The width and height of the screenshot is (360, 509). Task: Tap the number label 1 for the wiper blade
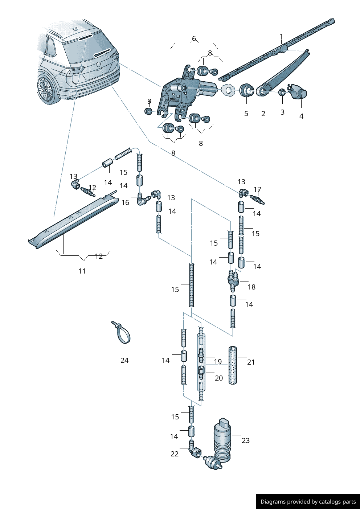click(281, 37)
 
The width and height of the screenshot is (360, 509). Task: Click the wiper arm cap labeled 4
click(298, 91)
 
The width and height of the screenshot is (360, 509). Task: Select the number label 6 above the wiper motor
click(194, 38)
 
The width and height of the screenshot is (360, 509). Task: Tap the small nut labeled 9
click(148, 111)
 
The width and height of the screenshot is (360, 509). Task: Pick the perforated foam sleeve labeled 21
click(233, 365)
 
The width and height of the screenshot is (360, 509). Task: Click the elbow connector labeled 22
click(195, 451)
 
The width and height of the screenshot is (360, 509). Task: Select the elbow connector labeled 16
click(142, 200)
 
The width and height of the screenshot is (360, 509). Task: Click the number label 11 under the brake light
click(82, 271)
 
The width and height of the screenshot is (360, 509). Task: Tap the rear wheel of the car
click(46, 89)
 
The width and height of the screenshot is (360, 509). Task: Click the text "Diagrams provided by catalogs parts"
click(308, 502)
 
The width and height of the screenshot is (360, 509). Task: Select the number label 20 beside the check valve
click(219, 378)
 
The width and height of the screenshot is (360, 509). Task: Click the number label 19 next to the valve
click(218, 362)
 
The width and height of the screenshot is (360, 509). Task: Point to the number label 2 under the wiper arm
click(263, 114)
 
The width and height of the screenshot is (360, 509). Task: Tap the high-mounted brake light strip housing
click(74, 221)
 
